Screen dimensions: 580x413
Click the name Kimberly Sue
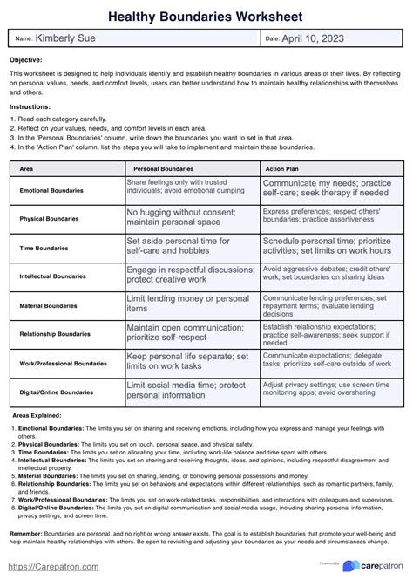pyautogui.click(x=64, y=38)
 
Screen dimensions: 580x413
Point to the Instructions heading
pyautogui.click(x=30, y=106)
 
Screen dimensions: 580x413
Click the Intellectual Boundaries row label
pyautogui.click(x=54, y=276)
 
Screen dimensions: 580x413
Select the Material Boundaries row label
pyautogui.click(x=50, y=306)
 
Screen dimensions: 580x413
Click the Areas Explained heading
pyautogui.click(x=37, y=416)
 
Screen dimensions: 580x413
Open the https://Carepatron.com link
pyautogui.click(x=54, y=566)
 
